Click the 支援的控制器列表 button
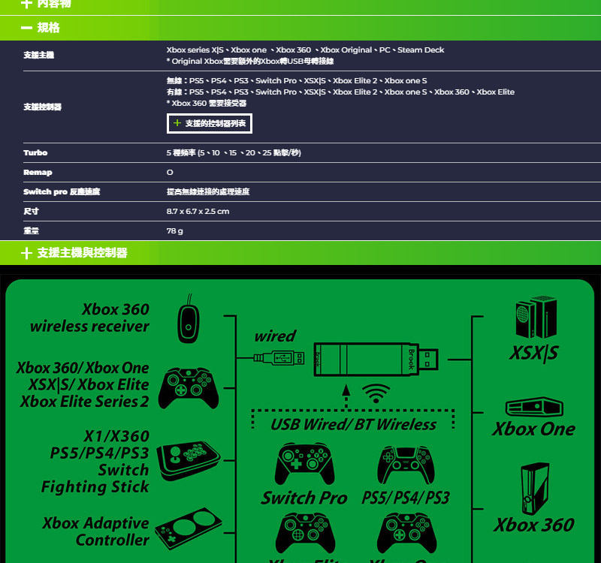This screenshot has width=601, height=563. (209, 122)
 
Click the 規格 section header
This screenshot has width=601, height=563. (49, 28)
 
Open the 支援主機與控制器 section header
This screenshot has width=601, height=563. (82, 253)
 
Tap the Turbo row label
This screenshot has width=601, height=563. (35, 152)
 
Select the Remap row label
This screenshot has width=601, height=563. (38, 172)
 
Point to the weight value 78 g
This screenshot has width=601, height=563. (175, 230)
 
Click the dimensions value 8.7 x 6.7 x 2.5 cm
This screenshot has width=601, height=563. (198, 211)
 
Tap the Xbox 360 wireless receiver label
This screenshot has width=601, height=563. (90, 318)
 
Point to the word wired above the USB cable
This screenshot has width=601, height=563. (275, 336)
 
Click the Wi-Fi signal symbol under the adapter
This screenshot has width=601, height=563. (376, 393)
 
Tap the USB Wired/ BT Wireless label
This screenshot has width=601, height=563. (353, 424)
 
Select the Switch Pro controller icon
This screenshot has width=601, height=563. (304, 464)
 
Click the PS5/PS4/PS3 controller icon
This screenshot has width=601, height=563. (406, 464)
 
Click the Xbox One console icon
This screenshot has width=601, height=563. (533, 408)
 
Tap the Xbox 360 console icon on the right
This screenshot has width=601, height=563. (534, 488)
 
